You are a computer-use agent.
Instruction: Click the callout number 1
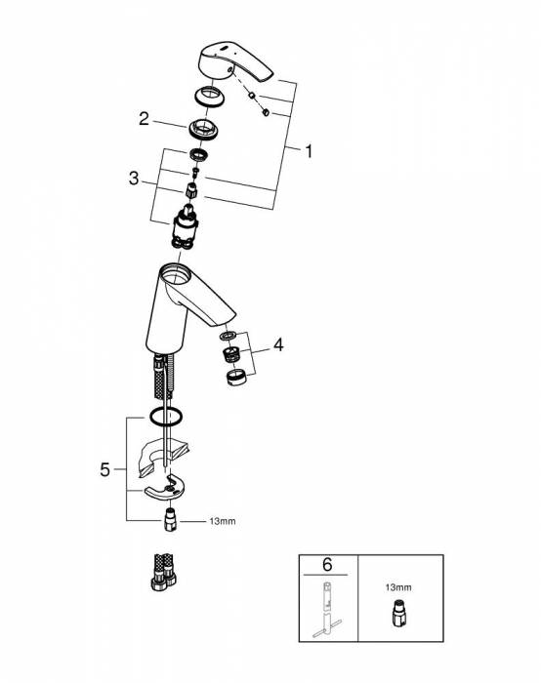point(309,151)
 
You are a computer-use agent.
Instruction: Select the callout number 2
point(144,118)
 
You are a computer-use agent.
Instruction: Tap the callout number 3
point(134,179)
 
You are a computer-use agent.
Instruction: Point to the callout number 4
point(278,345)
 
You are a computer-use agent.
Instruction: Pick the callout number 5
point(105,470)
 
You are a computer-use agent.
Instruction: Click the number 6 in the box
point(327,565)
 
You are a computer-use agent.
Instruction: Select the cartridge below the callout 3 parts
point(186,227)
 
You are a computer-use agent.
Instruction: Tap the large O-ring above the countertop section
point(166,416)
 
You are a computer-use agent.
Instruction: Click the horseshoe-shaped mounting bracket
point(165,489)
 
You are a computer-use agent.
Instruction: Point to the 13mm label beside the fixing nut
point(223,521)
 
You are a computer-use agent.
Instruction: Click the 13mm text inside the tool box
point(398,587)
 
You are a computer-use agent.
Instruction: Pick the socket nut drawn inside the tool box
point(398,614)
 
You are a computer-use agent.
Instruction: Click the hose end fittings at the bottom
point(164,572)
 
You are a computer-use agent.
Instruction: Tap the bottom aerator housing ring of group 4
point(236,378)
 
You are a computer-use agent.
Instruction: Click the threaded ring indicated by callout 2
point(203,129)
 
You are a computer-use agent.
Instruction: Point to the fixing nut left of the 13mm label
point(170,519)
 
